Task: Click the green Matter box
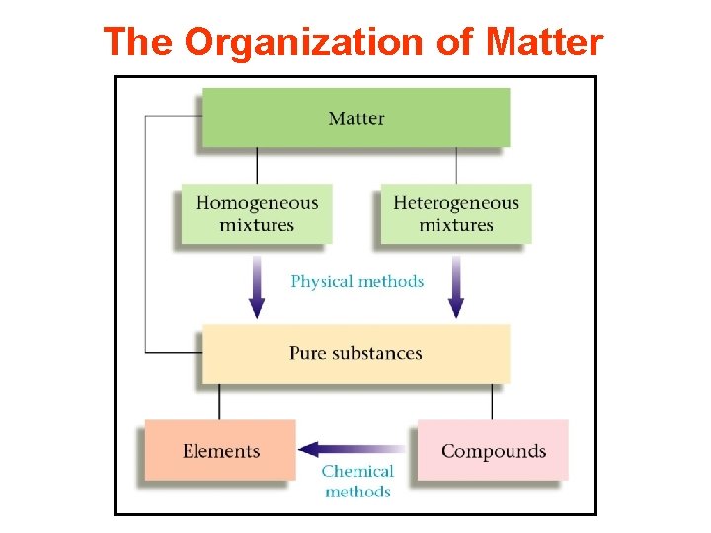(355, 117)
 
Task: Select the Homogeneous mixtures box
(257, 213)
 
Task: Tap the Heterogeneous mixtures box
(455, 213)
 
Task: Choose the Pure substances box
(355, 353)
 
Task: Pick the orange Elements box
(220, 451)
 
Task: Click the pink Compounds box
(493, 451)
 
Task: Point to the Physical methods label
(356, 281)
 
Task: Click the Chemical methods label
(357, 482)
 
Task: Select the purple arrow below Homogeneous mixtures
(257, 285)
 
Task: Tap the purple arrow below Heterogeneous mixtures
(456, 285)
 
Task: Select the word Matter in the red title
(544, 42)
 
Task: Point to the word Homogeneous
(257, 203)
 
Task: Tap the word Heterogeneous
(455, 203)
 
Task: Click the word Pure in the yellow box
(308, 353)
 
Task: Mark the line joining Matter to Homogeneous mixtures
(257, 165)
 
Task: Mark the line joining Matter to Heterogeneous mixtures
(456, 165)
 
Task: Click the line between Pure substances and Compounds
(493, 401)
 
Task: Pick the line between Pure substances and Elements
(220, 401)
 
